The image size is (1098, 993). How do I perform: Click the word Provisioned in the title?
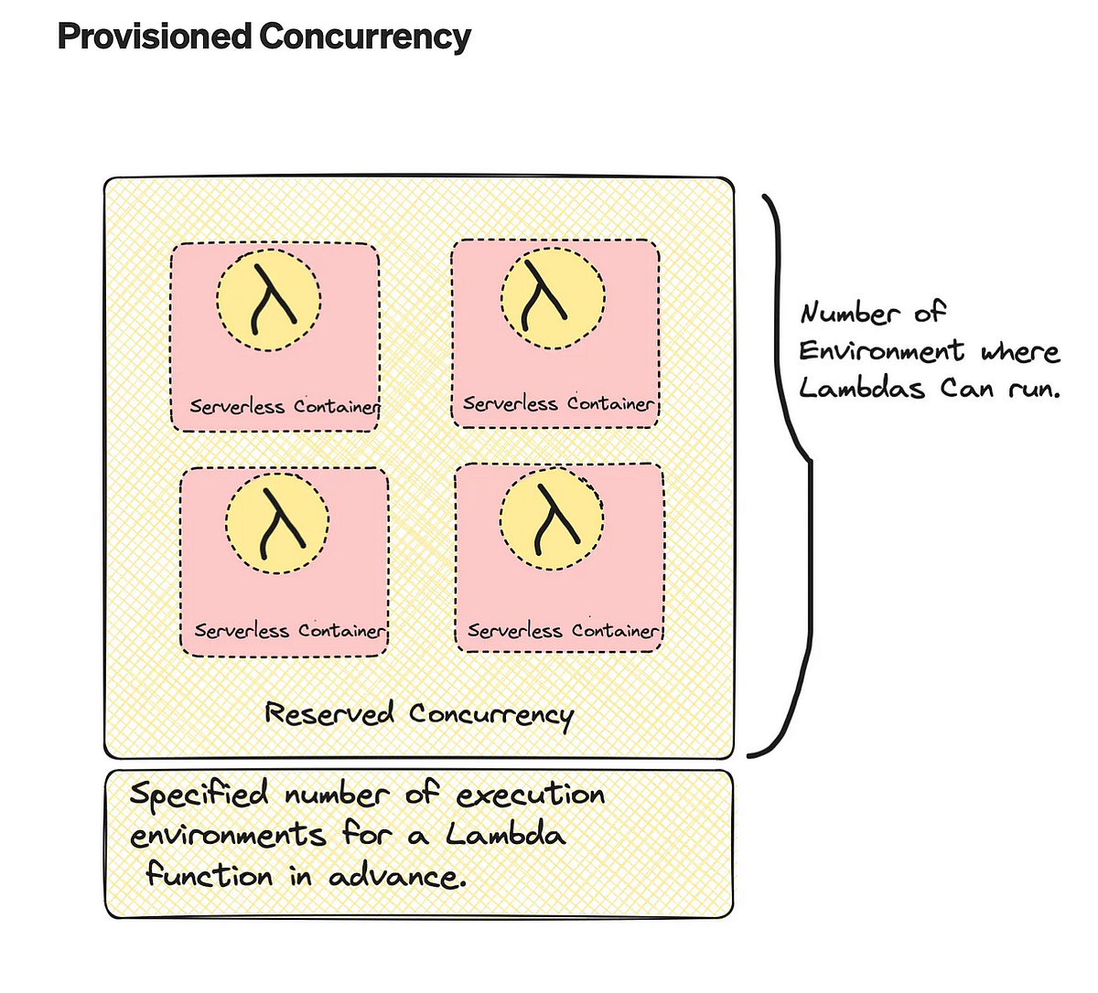click(x=154, y=37)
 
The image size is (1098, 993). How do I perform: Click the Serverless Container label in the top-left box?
click(x=284, y=407)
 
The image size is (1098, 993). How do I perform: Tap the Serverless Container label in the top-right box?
click(x=558, y=403)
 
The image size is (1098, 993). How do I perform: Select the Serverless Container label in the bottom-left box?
click(x=290, y=631)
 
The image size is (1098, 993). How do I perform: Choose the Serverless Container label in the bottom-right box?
click(x=563, y=631)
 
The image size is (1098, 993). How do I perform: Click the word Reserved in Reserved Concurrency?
click(x=329, y=713)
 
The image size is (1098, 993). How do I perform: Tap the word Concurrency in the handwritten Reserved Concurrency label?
click(x=491, y=715)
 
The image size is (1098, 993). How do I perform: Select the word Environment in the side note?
click(x=881, y=351)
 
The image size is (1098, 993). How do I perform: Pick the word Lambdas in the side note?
click(x=862, y=389)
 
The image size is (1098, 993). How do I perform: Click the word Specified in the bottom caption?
click(x=199, y=795)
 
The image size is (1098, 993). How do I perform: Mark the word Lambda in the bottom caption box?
click(x=505, y=834)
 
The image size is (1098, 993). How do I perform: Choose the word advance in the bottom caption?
click(x=396, y=877)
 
